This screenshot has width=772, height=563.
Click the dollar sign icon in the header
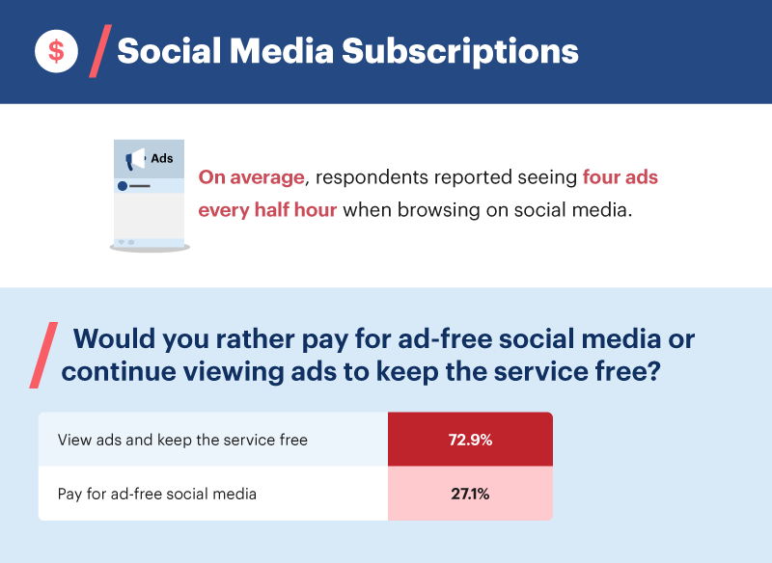pyautogui.click(x=56, y=51)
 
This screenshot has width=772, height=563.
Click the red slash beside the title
pyautogui.click(x=98, y=52)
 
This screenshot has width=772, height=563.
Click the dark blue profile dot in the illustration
pyautogui.click(x=123, y=185)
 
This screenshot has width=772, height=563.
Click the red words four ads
pyautogui.click(x=620, y=178)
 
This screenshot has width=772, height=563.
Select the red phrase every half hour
pyautogui.click(x=267, y=210)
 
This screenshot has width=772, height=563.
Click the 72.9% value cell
pyautogui.click(x=470, y=440)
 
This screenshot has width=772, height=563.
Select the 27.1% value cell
pyautogui.click(x=470, y=495)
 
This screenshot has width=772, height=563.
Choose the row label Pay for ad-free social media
pyautogui.click(x=157, y=495)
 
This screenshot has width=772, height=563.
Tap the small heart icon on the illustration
pyautogui.click(x=122, y=241)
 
